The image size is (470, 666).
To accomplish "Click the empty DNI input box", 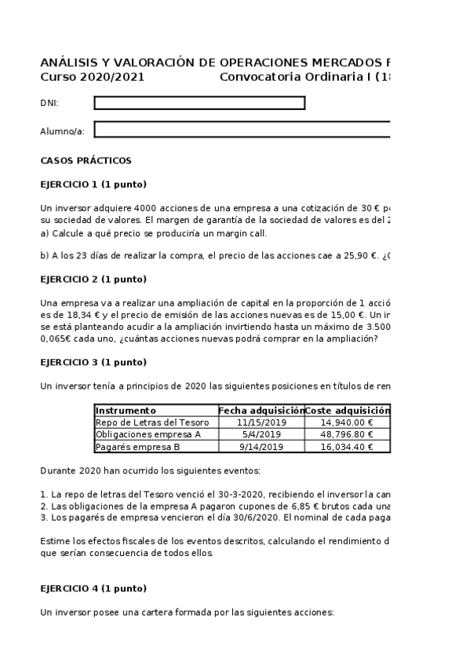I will [x=199, y=103].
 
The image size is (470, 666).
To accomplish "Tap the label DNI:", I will [x=49, y=104].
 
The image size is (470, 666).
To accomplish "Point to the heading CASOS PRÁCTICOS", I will [x=86, y=161].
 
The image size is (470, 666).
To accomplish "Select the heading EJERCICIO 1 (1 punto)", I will [x=93, y=185].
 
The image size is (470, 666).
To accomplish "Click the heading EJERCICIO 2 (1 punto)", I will [x=93, y=279].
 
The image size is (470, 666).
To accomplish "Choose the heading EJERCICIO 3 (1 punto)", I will [x=93, y=362].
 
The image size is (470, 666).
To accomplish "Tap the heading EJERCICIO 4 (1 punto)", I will [x=93, y=588].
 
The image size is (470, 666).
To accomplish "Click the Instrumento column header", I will [x=126, y=410].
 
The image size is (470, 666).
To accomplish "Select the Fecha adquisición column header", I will [x=261, y=410].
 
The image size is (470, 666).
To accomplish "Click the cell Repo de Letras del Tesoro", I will [x=146, y=422].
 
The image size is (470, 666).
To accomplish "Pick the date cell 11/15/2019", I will [x=261, y=422].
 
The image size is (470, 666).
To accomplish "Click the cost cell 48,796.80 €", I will [x=347, y=434].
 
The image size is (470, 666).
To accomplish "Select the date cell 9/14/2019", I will [x=261, y=447].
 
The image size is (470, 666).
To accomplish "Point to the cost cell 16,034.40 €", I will [x=347, y=447].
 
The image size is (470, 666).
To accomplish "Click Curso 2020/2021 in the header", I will [x=92, y=77].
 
